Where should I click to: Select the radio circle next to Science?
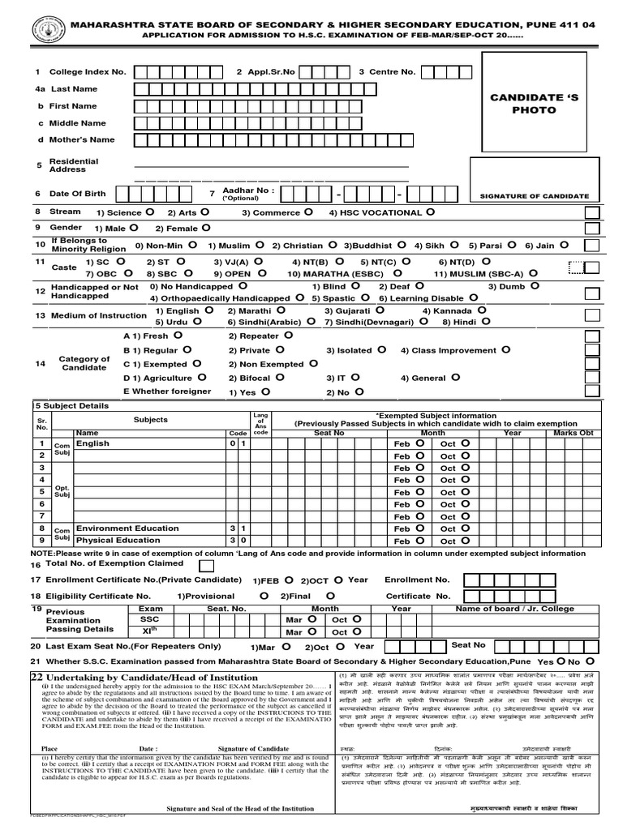pos(148,212)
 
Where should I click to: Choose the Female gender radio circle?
pos(205,228)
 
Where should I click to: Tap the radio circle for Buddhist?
pos(399,244)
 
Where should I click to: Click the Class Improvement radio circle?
pos(506,350)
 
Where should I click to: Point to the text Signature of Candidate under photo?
pos(535,196)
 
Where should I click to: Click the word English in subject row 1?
pos(92,444)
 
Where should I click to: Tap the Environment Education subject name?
pos(127,528)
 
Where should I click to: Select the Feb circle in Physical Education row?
pos(419,541)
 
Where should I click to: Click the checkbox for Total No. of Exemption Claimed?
pos(207,565)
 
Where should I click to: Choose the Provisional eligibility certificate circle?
pos(264,595)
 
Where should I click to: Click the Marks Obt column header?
pos(574,433)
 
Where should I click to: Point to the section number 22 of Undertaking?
pos(37,677)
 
